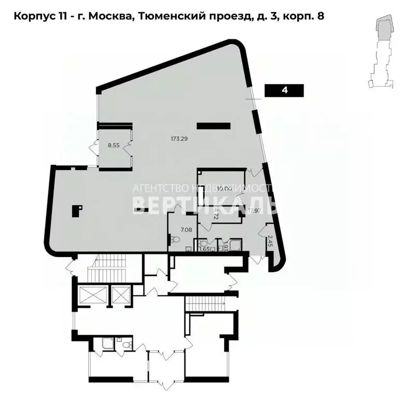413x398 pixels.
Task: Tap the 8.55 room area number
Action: pyautogui.click(x=114, y=146)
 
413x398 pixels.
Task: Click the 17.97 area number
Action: pyautogui.click(x=253, y=210)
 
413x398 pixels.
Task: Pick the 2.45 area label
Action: pyautogui.click(x=270, y=240)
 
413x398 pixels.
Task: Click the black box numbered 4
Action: pyautogui.click(x=284, y=91)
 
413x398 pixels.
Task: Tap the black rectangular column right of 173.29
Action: pyautogui.click(x=213, y=125)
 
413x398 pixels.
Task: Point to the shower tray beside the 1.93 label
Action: pyautogui.click(x=236, y=245)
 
